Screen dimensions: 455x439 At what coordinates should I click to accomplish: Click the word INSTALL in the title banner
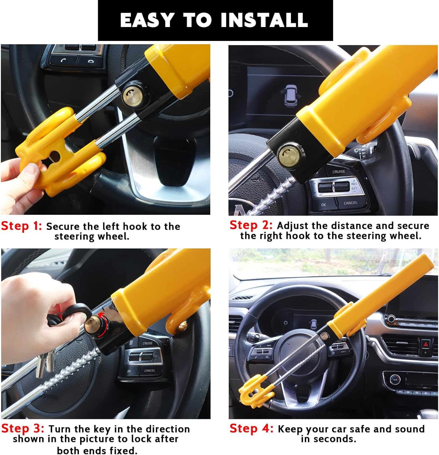[264, 20]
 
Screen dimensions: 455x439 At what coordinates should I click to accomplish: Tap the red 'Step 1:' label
[21, 226]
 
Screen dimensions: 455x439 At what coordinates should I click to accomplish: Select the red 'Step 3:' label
[23, 428]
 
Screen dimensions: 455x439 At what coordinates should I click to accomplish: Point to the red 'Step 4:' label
[251, 428]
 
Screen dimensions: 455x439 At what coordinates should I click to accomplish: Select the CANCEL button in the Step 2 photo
[350, 203]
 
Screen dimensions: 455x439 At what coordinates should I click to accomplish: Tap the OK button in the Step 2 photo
[323, 205]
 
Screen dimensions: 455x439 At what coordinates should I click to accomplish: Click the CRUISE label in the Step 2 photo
[339, 172]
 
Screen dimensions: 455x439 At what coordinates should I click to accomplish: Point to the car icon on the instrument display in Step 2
[291, 95]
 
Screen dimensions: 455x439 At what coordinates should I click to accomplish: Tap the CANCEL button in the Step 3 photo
[150, 371]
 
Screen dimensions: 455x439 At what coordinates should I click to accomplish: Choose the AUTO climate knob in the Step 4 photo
[395, 379]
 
